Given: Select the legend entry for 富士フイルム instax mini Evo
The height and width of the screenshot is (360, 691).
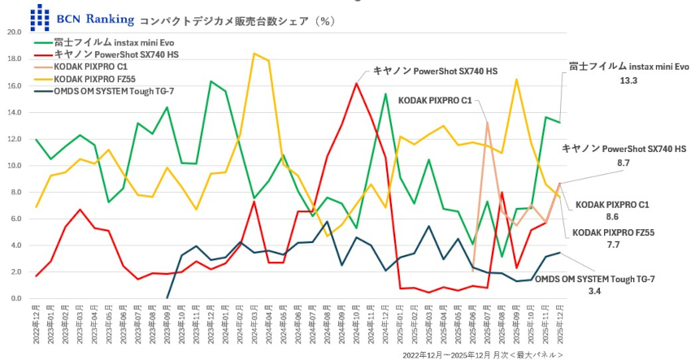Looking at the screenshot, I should coord(114,41).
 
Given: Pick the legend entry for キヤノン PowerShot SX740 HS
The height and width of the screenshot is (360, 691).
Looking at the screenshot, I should coord(117,54).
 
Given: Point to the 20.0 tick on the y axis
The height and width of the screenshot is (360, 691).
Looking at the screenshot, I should coord(14,33).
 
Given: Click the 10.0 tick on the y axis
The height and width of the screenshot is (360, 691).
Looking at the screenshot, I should coord(14,166).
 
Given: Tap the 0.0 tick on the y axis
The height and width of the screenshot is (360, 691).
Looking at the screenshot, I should coord(16,299).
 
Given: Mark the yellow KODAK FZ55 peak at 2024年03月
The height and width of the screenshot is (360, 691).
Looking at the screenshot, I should coord(254,54).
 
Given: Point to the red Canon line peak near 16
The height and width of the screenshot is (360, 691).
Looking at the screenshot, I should coord(356,83).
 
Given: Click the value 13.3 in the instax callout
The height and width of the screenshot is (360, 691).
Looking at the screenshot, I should coord(628,81).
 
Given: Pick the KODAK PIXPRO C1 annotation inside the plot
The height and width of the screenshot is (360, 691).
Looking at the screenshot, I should coord(436,101).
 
